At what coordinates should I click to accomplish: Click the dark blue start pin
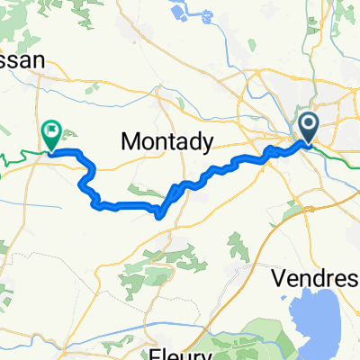(x=308, y=129)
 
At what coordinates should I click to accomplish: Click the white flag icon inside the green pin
(x=51, y=132)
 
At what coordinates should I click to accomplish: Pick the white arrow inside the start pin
(x=308, y=125)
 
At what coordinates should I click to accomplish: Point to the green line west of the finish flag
(x=18, y=158)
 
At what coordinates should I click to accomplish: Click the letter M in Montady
(x=129, y=141)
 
